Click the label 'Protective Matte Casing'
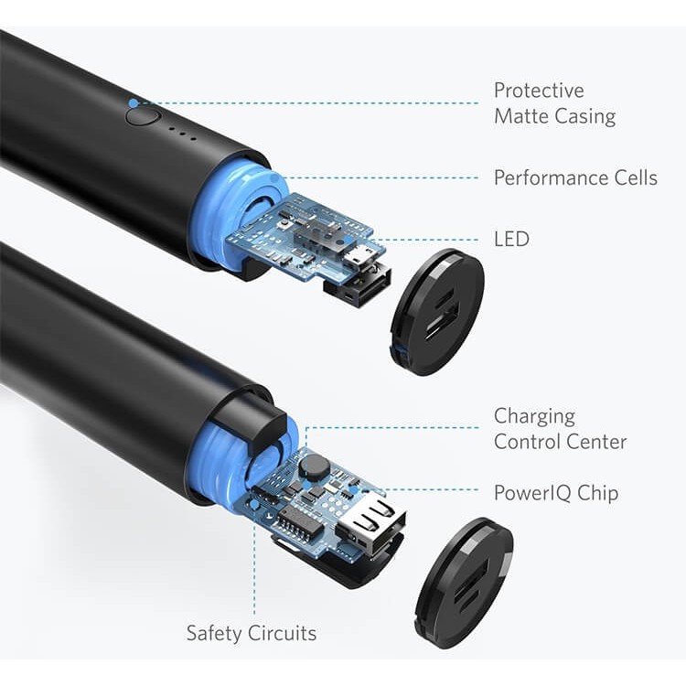click(x=554, y=103)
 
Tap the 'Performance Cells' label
click(x=575, y=177)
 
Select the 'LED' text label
click(x=511, y=239)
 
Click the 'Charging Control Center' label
click(x=560, y=429)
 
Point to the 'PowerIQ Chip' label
click(x=556, y=493)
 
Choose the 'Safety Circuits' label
click(x=252, y=633)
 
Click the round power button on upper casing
click(x=142, y=115)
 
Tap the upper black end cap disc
click(x=436, y=311)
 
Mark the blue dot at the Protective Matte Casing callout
click(x=134, y=103)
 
